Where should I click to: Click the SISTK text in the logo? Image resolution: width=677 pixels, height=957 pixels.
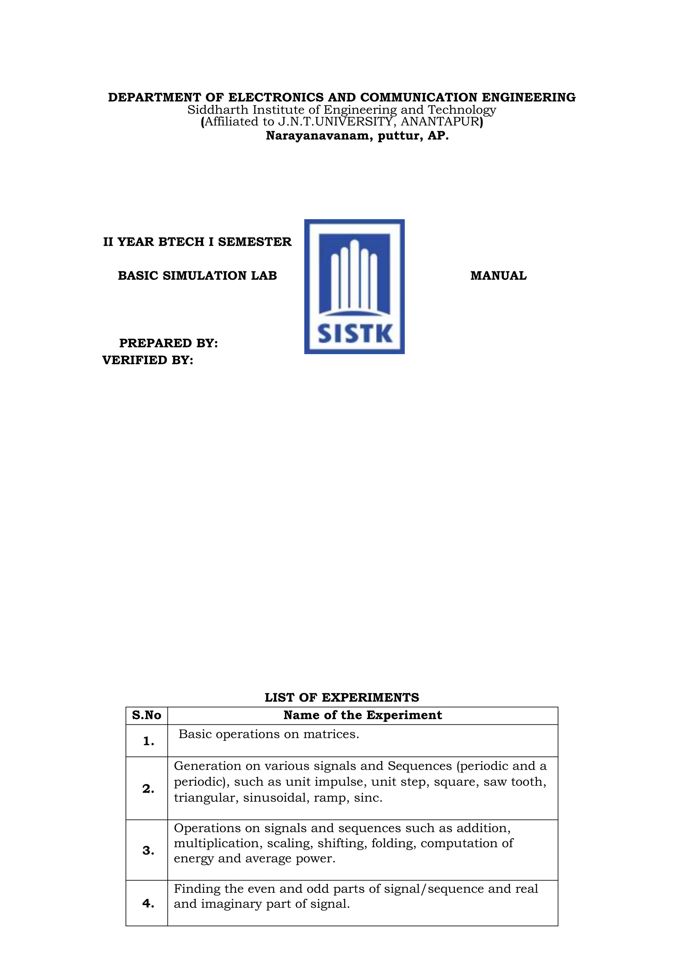coord(355,334)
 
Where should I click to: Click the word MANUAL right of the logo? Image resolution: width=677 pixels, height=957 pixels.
coord(498,276)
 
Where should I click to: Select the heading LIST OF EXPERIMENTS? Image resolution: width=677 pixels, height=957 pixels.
coord(342,698)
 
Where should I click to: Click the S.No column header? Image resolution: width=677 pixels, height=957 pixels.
coord(146,716)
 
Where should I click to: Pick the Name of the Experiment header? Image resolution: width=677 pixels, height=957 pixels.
coord(362,716)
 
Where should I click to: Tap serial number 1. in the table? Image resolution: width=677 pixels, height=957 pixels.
coord(148,742)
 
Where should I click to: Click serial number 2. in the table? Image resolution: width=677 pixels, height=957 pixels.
coord(148,789)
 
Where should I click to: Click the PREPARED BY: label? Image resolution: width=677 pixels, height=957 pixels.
coord(168,343)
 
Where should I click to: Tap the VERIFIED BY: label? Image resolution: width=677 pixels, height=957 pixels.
coord(147,360)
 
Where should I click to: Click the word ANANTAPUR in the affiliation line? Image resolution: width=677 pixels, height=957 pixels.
coord(439,122)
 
